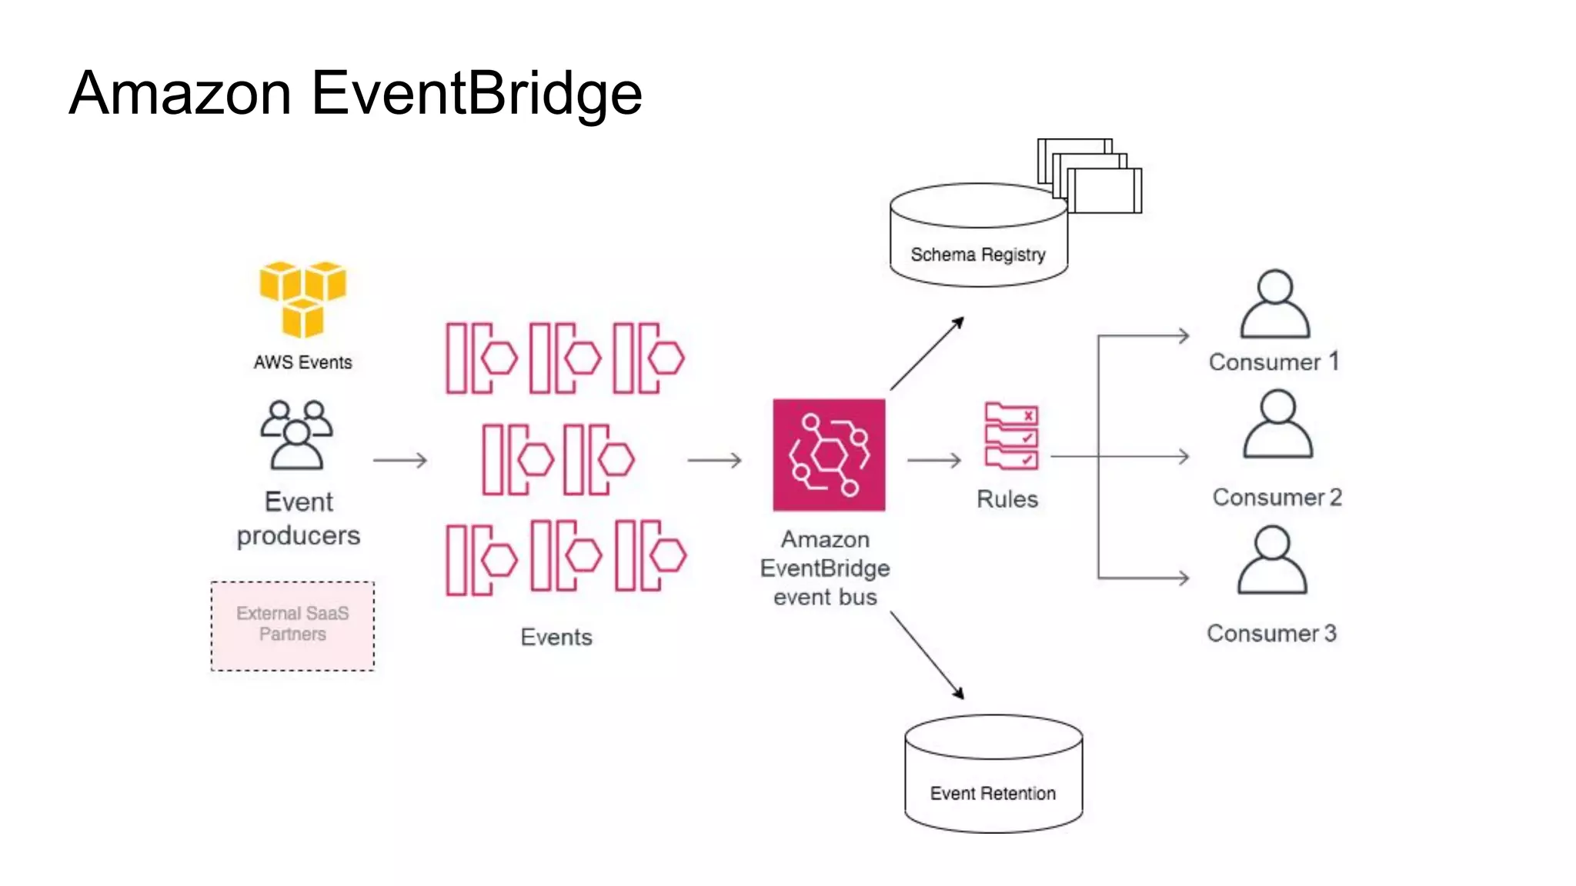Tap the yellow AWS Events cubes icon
(x=302, y=299)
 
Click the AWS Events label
(x=302, y=362)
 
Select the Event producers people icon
(x=297, y=435)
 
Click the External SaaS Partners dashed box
(x=292, y=625)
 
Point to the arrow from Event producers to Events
(x=399, y=460)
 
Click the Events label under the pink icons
(x=556, y=637)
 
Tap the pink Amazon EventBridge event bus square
(x=829, y=455)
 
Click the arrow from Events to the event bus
(x=714, y=460)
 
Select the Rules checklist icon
(x=1011, y=436)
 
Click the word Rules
(x=1007, y=499)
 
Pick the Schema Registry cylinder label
(x=977, y=255)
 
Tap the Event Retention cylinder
(x=993, y=774)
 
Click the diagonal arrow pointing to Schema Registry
(x=927, y=353)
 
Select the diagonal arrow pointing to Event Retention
(x=927, y=655)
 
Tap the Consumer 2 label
(x=1277, y=497)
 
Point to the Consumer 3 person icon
(x=1272, y=561)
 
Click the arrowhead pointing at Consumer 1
(x=1183, y=336)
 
